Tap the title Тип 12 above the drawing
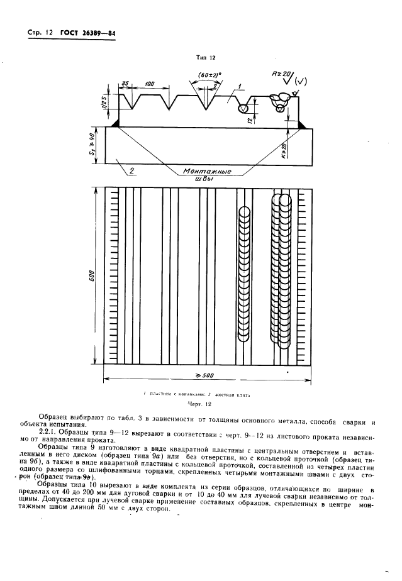tap(204, 57)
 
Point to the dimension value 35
tap(126, 84)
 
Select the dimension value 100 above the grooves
tap(149, 84)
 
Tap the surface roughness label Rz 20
tap(281, 74)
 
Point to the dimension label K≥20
tap(284, 150)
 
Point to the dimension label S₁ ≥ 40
tap(91, 145)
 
